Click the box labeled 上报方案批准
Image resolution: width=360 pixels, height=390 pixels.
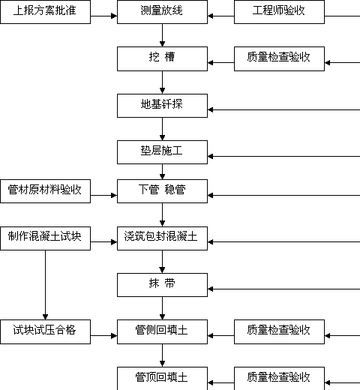tap(45, 12)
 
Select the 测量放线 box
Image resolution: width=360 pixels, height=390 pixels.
tap(162, 12)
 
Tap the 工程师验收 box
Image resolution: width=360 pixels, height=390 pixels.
tap(279, 12)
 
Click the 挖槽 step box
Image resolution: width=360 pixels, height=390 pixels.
tap(162, 58)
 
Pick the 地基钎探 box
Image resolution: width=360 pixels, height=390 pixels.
tap(162, 106)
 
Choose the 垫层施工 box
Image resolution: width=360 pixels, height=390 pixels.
tap(162, 152)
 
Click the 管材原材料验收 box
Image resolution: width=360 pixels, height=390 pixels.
tap(45, 191)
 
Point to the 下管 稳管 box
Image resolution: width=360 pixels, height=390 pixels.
tap(162, 191)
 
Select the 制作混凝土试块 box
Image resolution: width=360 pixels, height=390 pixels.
tap(45, 238)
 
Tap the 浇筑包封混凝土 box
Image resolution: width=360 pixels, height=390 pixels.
tap(162, 238)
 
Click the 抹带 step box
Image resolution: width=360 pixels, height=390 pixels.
tap(162, 285)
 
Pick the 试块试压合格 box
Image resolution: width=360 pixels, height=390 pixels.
tap(45, 331)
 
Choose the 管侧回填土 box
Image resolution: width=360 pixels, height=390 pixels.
tap(162, 331)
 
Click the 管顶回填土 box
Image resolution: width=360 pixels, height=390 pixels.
tap(162, 379)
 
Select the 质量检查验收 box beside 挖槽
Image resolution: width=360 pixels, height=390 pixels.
tap(279, 58)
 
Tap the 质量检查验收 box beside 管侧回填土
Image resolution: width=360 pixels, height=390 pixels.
tap(279, 331)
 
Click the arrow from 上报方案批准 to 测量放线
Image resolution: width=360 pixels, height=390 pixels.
tap(103, 16)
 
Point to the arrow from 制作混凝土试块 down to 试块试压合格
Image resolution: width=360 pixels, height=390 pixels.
tap(45, 285)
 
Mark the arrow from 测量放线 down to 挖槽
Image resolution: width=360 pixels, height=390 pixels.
tap(162, 35)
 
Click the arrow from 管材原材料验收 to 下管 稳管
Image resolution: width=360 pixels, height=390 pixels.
tap(103, 195)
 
